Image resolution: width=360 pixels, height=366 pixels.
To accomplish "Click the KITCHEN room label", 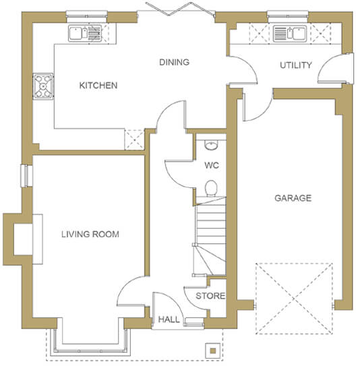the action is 98,86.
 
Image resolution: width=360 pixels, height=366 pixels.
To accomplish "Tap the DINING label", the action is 174,62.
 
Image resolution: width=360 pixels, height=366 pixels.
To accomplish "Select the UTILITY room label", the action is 296,65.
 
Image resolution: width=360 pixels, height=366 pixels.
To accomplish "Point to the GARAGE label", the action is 293,198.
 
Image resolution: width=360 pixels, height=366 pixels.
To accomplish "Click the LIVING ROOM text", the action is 90,234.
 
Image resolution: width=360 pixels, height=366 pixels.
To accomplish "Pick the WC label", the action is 212,166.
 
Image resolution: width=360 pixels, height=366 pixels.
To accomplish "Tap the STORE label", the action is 210,296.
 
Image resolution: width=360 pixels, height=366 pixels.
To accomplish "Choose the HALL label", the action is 169,319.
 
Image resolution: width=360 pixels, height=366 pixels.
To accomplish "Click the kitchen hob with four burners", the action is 43,86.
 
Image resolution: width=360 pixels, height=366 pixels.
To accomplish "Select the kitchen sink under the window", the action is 85,34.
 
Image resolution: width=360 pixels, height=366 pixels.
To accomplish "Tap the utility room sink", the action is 290,34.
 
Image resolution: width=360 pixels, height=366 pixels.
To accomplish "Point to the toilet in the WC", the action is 211,188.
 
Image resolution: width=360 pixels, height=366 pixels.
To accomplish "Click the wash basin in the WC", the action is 211,145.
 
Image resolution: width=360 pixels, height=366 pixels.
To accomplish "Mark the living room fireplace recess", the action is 23,239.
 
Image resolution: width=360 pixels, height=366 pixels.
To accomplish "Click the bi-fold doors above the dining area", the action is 180,9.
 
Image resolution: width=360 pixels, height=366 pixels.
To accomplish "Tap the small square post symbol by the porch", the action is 212,350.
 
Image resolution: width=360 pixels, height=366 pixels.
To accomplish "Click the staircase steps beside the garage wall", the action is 210,236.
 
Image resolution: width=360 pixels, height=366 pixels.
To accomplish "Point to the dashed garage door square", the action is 294,299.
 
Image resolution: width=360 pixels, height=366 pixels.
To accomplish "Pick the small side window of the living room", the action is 26,176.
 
